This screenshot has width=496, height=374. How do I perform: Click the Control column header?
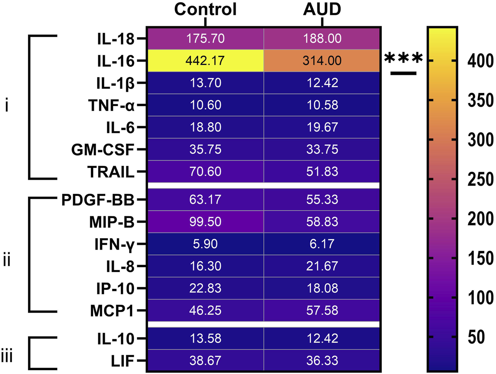coord(205,9)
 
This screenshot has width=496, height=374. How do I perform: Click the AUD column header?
coord(322,9)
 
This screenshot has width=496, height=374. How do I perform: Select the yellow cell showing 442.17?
coord(205,61)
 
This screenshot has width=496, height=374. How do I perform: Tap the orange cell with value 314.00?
coord(322,61)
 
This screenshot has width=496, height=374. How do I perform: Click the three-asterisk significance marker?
coord(403,59)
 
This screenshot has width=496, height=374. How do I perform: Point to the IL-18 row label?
coord(115,39)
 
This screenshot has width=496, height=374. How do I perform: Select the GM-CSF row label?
coord(103,150)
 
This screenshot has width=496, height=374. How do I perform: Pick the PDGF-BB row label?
coord(98,200)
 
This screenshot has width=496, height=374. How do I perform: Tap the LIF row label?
coord(122,361)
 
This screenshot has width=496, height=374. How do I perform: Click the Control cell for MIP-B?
coord(205,222)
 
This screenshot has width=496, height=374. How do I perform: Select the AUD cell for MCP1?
coord(322,311)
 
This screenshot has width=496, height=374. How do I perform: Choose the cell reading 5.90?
coord(205,244)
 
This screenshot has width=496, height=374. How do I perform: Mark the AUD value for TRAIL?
coord(322,172)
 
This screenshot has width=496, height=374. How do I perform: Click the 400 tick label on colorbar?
coord(480,61)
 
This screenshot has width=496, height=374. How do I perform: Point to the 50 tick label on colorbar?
coord(476,337)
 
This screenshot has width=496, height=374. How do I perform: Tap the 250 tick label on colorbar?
coord(480,179)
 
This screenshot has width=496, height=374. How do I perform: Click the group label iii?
coord(7,357)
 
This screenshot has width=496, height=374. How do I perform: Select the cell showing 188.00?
coord(322,39)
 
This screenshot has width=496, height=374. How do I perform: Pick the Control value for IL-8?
coord(205,266)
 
